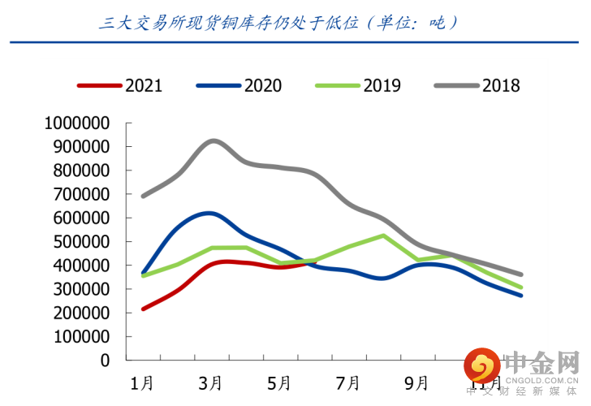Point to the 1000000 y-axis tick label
pyautogui.click(x=78, y=123)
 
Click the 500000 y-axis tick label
pyautogui.click(x=84, y=242)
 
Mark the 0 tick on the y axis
pyautogui.click(x=105, y=360)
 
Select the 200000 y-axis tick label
pyautogui.click(x=84, y=313)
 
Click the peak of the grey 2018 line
pyautogui.click(x=212, y=140)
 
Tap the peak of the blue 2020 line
pyautogui.click(x=209, y=213)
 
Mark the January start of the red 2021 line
pyautogui.click(x=143, y=309)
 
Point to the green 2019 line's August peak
pyautogui.click(x=382, y=235)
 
